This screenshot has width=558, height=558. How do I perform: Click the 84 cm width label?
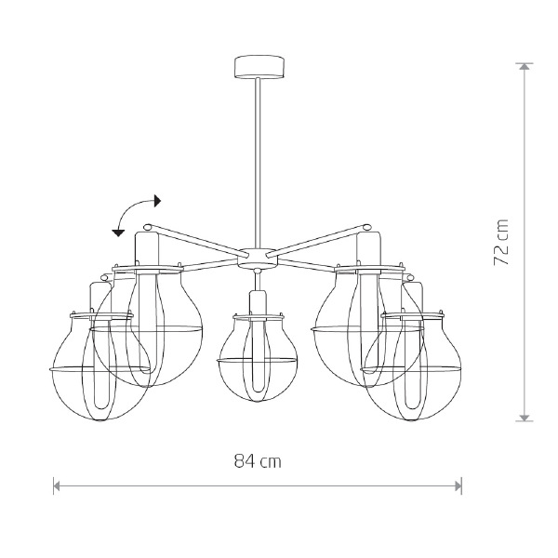pos(258,461)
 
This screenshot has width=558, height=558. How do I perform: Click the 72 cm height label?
pos(501,242)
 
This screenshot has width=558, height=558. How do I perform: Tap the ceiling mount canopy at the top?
pos(259,66)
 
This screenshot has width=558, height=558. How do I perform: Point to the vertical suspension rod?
pos(258,163)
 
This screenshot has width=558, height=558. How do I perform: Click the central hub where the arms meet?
pos(258,258)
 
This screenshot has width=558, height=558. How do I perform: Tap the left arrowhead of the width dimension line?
pos(56,485)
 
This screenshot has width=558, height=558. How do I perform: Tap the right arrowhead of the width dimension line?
pos(458,485)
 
